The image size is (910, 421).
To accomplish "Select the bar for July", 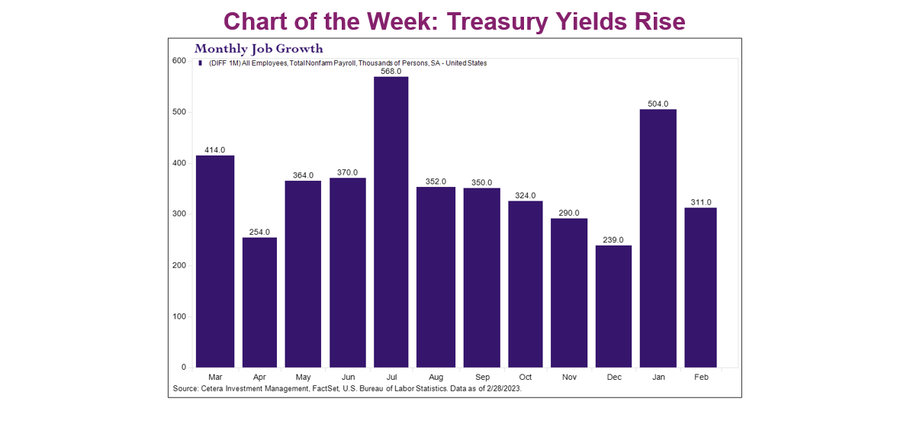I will pos(391,222).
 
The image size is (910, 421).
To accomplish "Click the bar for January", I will pos(658,238).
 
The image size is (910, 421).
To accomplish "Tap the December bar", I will pos(613,306).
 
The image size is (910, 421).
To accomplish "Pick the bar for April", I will pos(259,302).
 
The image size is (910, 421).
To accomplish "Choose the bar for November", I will pos(569,293).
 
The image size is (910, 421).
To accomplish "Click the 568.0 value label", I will pos(391,71).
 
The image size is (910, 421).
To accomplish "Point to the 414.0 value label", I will pos(214,149).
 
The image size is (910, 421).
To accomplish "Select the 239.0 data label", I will pos(613,239).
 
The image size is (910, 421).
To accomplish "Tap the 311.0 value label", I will pos(700,202).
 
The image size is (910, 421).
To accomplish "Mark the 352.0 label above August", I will pos(436,181).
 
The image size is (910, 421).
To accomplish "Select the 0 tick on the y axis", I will pos(184,368).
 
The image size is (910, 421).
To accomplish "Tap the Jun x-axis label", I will pos(347,377).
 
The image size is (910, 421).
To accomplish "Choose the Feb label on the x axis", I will pos(700,377).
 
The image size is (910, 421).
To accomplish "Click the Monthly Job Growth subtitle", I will pos(259,49).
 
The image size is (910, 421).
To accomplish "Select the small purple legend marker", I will pos(200,63).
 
